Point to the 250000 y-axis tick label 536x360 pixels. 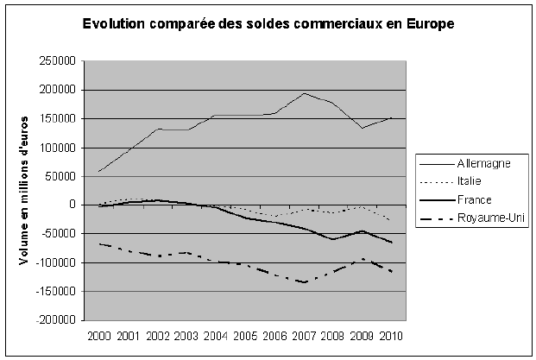pos(55,61)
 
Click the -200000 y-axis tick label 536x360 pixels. pos(54,319)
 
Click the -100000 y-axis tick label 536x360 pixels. pos(54,262)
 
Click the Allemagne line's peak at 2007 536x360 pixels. pos(303,93)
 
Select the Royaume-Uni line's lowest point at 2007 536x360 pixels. pos(303,282)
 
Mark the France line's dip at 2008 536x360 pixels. pos(332,239)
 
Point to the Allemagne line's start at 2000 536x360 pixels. pos(99,171)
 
